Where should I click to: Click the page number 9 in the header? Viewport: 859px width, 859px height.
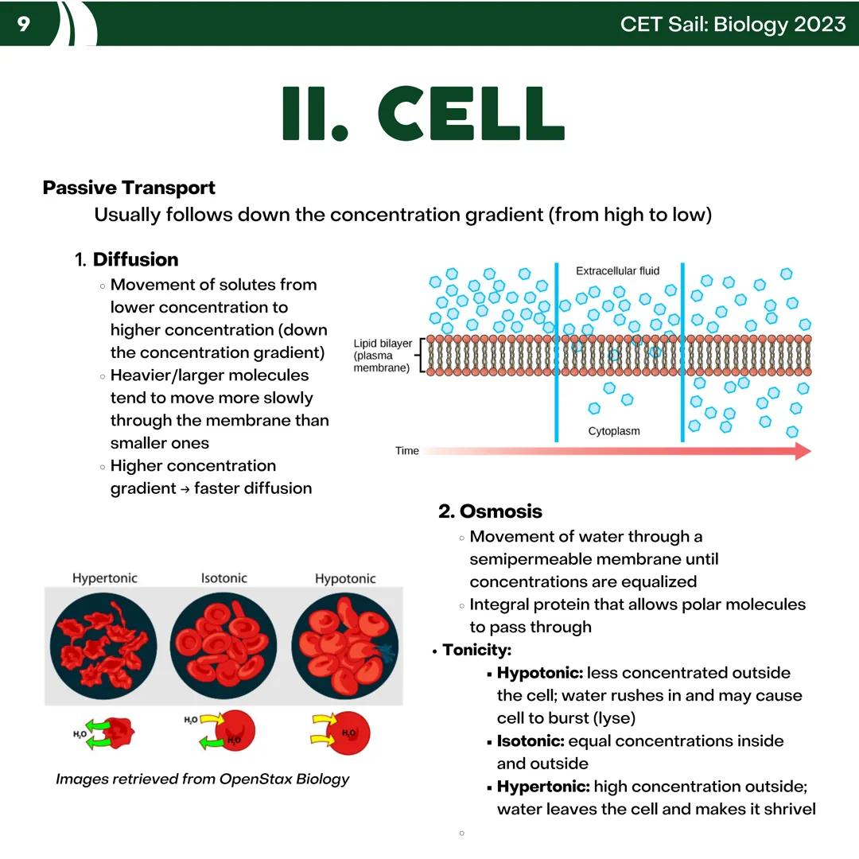(23, 24)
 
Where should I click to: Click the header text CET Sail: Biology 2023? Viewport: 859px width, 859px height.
(733, 24)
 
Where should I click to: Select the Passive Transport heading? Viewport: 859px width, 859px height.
(129, 189)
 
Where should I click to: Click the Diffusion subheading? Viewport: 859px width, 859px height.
(135, 260)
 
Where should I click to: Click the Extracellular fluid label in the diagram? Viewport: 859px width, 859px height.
(617, 271)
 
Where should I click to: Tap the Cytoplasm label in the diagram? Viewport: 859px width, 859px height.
(613, 431)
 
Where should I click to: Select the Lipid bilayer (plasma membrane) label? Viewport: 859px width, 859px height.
(383, 356)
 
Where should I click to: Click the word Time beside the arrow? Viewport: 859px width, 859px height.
(406, 451)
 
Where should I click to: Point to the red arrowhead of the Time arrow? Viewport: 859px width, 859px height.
(802, 451)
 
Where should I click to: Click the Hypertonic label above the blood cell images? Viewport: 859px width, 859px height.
(105, 578)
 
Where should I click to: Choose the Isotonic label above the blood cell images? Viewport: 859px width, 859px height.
(223, 578)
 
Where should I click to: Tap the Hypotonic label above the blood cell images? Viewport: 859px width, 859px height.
(345, 578)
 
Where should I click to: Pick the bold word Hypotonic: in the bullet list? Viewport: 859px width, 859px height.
(539, 673)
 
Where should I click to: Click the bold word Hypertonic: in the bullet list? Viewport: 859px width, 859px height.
(542, 787)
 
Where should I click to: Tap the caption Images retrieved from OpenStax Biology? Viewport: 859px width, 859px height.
(202, 779)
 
